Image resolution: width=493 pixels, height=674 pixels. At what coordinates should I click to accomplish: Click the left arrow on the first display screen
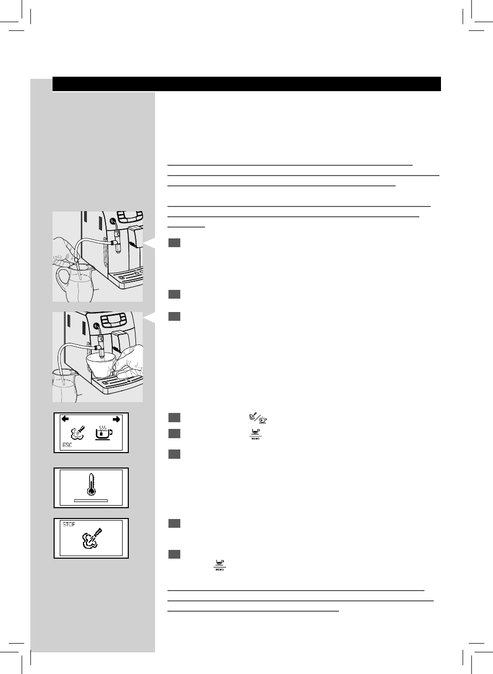click(x=65, y=419)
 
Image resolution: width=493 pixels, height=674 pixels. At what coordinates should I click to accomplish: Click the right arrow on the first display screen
click(x=116, y=419)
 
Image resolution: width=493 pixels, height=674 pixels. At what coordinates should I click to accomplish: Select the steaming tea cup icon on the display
click(x=103, y=434)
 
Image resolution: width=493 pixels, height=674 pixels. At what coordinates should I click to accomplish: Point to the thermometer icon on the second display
click(x=91, y=485)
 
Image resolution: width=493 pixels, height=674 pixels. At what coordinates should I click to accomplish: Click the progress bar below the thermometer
click(x=91, y=500)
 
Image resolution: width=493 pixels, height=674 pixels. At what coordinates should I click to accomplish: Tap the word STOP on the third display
click(x=69, y=524)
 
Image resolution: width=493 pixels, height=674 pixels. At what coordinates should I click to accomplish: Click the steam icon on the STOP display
click(x=91, y=539)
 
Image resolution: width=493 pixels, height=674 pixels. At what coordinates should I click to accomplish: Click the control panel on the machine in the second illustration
click(x=111, y=320)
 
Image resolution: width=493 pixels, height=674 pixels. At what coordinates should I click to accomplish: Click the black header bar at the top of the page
click(x=246, y=84)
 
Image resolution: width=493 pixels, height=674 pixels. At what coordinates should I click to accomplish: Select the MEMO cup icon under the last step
click(x=220, y=565)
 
